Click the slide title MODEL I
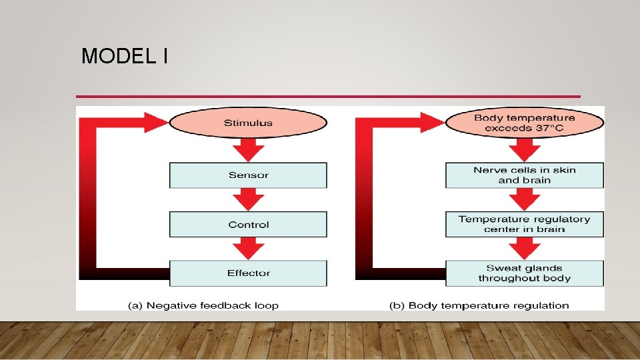pyautogui.click(x=124, y=57)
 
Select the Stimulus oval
pyautogui.click(x=248, y=123)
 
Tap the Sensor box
pyautogui.click(x=248, y=175)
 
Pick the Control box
pyautogui.click(x=248, y=225)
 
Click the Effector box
pyautogui.click(x=248, y=273)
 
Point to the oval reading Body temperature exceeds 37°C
pyautogui.click(x=524, y=123)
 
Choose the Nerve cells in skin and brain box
pyautogui.click(x=524, y=175)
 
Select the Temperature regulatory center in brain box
pyautogui.click(x=524, y=224)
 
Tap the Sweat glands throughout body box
pyautogui.click(x=524, y=273)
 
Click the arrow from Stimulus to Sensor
pyautogui.click(x=248, y=150)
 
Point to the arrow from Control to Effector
pyautogui.click(x=248, y=249)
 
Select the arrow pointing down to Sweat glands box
pyautogui.click(x=524, y=249)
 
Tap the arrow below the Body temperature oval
pyautogui.click(x=524, y=150)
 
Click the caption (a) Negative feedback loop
pyautogui.click(x=203, y=305)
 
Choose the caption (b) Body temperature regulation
pyautogui.click(x=479, y=305)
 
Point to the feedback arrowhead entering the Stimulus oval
pyautogui.click(x=156, y=123)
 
